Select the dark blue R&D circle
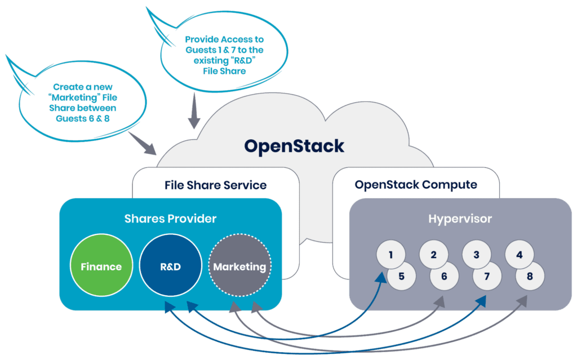170,266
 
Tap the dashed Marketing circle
239,266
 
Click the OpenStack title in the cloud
294,146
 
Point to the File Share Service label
215,185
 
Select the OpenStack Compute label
416,185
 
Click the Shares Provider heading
170,218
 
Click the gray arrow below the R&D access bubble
194,111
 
